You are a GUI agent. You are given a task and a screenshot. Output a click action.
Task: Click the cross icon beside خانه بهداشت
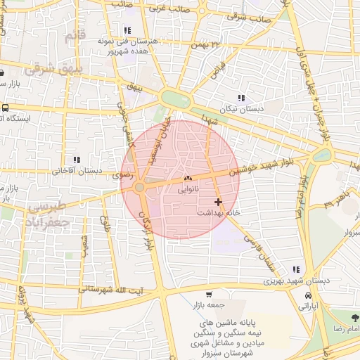218,202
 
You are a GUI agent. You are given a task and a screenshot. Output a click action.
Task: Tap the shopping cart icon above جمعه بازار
210,295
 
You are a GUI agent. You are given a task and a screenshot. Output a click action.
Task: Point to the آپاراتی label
308,307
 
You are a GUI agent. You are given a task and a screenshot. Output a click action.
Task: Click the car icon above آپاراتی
308,296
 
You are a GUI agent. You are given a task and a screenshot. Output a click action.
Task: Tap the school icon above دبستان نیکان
241,98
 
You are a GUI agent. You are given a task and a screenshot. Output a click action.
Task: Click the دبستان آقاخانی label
77,170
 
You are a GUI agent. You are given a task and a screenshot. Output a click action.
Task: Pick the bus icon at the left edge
5,108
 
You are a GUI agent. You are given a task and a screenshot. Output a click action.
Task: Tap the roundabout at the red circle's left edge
140,187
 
